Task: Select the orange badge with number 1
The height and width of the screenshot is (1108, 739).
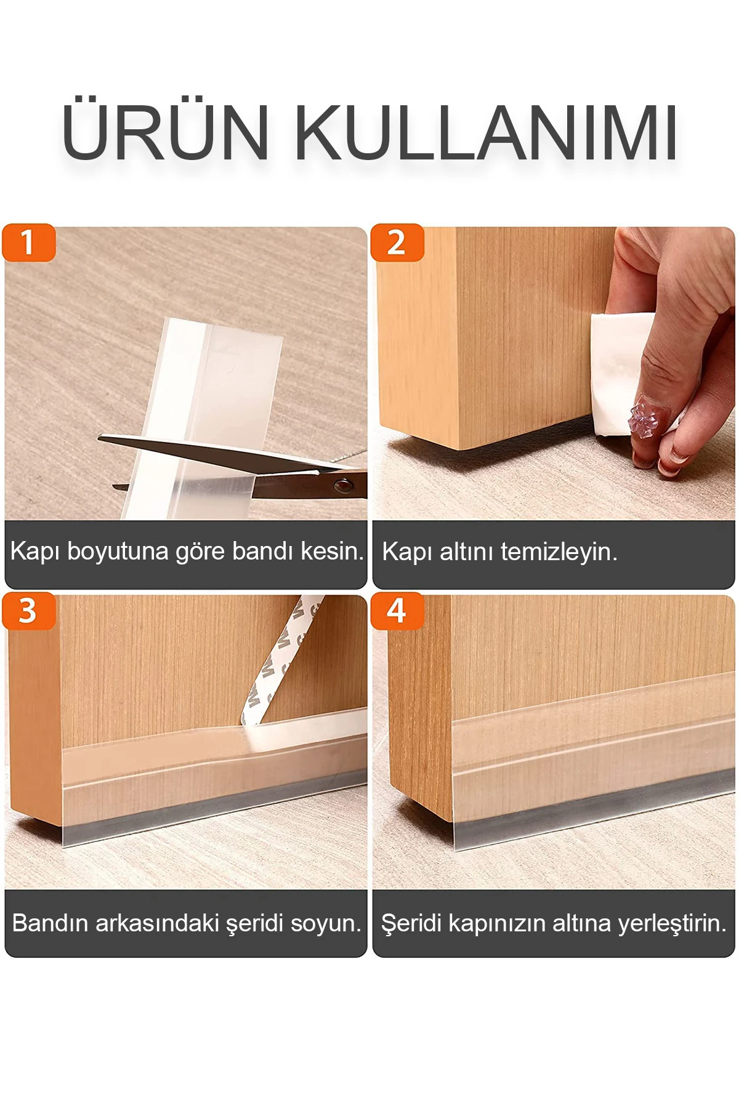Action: click(x=28, y=243)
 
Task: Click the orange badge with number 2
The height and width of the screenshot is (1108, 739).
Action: click(x=397, y=243)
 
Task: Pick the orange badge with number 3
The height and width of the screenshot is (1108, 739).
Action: click(x=28, y=611)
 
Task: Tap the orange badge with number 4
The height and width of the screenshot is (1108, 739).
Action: click(x=397, y=611)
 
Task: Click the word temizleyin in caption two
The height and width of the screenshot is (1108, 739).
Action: click(x=559, y=552)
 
